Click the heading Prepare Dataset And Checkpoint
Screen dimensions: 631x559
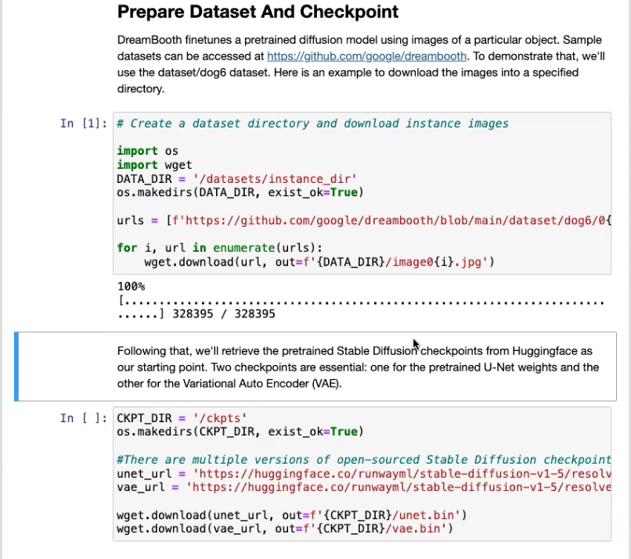258,13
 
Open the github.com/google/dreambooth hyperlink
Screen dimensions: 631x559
366,56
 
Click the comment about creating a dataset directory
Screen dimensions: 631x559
312,124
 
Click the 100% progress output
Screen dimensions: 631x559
131,287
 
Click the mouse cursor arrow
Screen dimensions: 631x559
416,344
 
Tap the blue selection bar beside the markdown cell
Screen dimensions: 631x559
16,366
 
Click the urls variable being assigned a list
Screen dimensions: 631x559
130,220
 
